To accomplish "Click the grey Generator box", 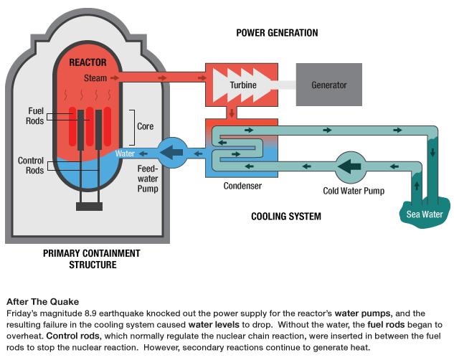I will pos(328,85).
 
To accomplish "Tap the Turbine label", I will pos(243,85).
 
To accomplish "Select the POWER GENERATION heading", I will pos(277,33).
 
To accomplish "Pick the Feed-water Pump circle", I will pos(172,152).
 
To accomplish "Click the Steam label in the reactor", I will pos(95,77).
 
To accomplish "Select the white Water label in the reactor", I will pos(125,153).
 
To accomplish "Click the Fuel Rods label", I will pos(37,116).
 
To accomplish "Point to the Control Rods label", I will pos(31,166).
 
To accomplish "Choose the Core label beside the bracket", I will pos(145,126).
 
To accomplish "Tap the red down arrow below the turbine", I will pos(232,113).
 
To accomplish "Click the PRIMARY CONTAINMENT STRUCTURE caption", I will pos(91,259).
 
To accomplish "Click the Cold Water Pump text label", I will pos(353,191).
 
